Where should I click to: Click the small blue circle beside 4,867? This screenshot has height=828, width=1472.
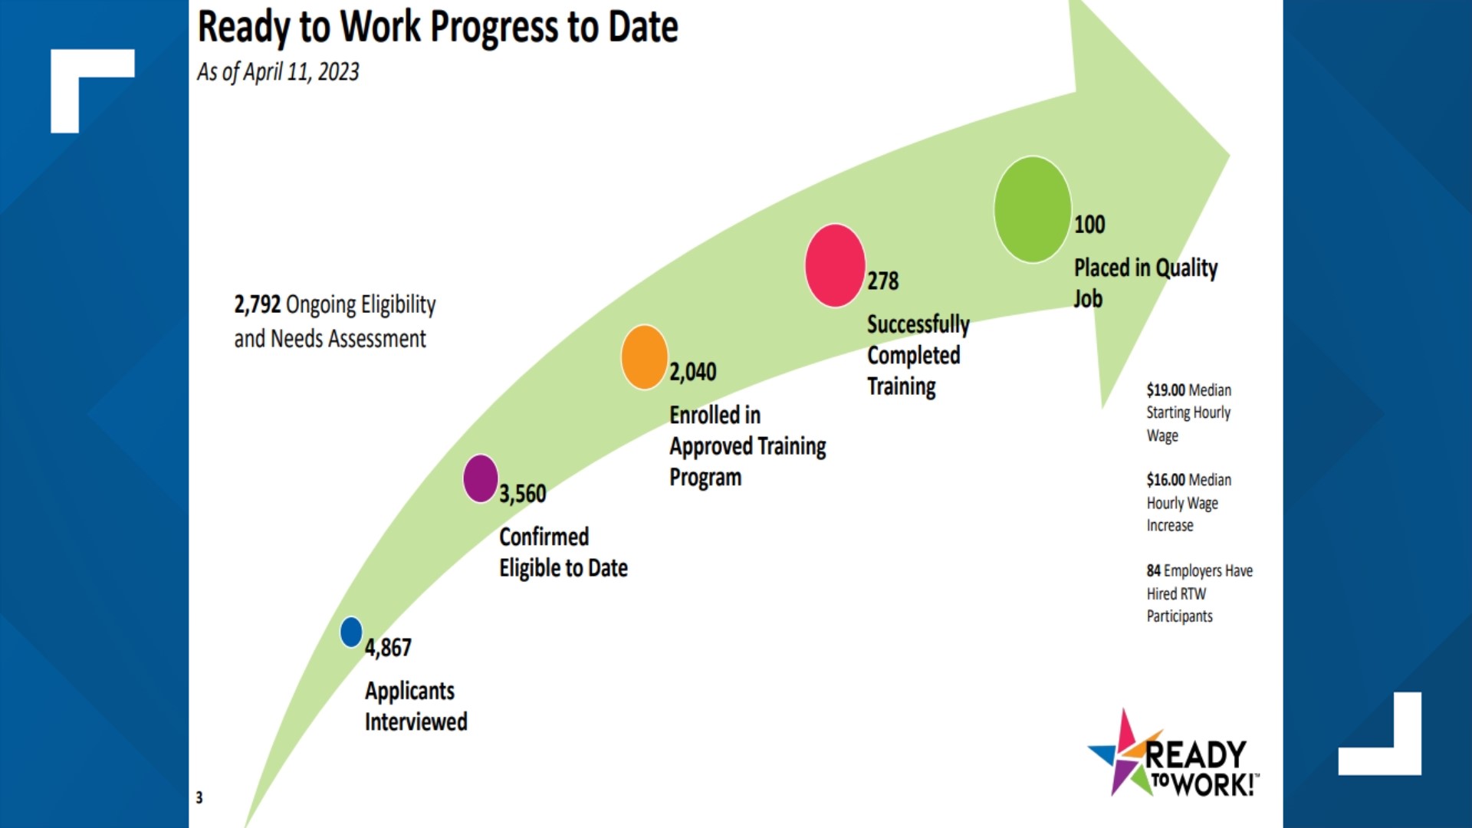point(351,632)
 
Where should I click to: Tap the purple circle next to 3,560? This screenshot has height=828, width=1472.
point(481,478)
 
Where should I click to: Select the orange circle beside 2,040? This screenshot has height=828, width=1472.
point(644,357)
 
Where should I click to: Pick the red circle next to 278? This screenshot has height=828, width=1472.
point(835,265)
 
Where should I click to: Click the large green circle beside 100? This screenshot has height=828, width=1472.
point(1032,209)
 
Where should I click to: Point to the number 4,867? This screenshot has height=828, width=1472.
point(388,648)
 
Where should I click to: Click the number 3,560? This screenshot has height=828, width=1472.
point(523,494)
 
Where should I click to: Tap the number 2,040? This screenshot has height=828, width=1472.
point(693,373)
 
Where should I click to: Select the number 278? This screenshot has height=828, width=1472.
point(883,281)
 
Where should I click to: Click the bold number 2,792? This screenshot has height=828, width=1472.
point(258,304)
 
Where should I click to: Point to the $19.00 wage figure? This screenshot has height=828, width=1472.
point(1165,390)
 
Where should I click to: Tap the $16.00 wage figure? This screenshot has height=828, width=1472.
point(1165,480)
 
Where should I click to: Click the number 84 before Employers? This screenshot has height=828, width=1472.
point(1153,571)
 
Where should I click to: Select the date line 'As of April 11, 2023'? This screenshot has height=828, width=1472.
point(278,72)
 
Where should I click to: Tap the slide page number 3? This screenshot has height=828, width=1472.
point(199,797)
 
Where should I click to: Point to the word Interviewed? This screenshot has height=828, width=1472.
point(416,722)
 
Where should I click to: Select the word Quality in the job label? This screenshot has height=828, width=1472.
point(1186,268)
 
